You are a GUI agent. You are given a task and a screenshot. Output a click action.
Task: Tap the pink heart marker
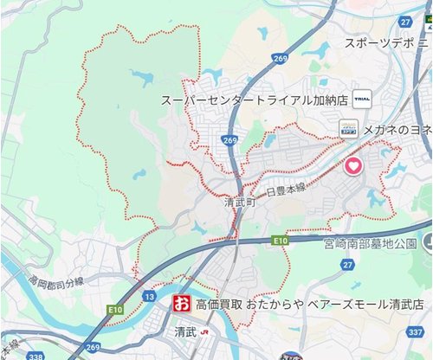(x=353, y=167)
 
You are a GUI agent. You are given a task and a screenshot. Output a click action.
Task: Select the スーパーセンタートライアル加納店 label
(x=254, y=100)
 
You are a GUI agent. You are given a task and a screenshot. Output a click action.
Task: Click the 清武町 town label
(x=240, y=202)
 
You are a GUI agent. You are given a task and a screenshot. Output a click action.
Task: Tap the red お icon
(x=181, y=305)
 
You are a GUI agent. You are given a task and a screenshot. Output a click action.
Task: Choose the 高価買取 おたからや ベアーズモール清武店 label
(x=310, y=305)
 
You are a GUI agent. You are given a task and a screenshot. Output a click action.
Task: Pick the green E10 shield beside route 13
(x=117, y=308)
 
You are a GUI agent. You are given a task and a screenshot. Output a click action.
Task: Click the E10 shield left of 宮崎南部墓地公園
(x=278, y=240)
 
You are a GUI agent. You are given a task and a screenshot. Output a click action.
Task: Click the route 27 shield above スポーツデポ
(x=404, y=21)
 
